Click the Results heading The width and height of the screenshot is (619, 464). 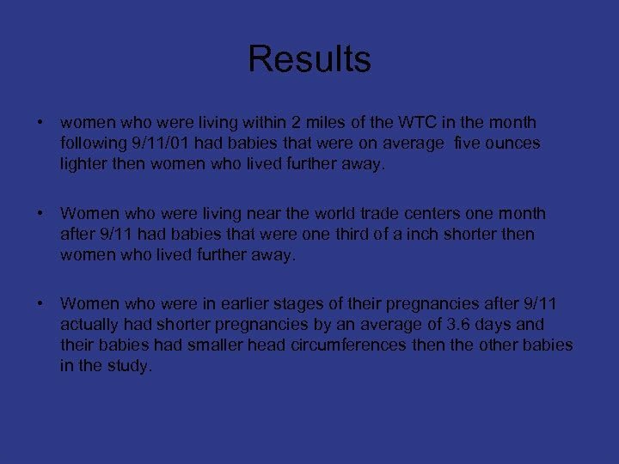[309, 59]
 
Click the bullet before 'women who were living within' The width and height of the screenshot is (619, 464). [40, 123]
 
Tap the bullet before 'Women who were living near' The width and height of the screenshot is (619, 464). [40, 213]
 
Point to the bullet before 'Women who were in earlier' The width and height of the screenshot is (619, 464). [40, 304]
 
